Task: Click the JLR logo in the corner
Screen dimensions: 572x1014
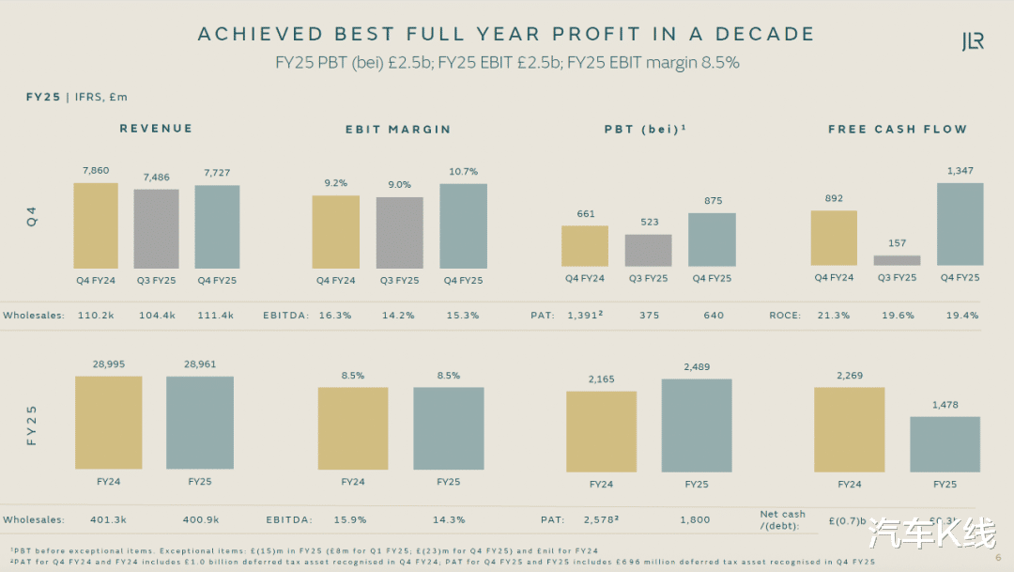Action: [x=972, y=40]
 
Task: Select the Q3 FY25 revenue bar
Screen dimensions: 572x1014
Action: [x=156, y=229]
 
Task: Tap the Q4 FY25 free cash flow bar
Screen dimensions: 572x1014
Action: [x=960, y=224]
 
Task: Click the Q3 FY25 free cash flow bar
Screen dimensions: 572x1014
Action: [x=897, y=260]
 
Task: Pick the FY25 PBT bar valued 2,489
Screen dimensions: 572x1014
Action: [x=697, y=425]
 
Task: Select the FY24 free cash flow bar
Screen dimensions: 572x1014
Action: [x=849, y=429]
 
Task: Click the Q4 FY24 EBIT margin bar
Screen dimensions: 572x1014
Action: [x=335, y=232]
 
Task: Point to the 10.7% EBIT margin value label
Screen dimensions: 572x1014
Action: [x=463, y=172]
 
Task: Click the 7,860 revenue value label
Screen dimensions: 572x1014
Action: [x=96, y=171]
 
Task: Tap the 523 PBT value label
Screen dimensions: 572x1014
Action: [x=648, y=223]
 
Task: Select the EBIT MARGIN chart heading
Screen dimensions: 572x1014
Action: [x=392, y=130]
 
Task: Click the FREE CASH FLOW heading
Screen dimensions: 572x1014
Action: [x=897, y=130]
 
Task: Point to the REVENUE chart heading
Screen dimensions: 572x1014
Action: [x=156, y=129]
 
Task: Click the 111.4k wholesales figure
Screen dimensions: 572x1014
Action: [x=216, y=316]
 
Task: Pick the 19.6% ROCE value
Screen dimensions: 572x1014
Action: [x=898, y=316]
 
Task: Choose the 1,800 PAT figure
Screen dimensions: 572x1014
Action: [x=696, y=519]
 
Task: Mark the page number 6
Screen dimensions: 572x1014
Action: [x=997, y=555]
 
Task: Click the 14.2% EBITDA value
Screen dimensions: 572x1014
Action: [x=399, y=316]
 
